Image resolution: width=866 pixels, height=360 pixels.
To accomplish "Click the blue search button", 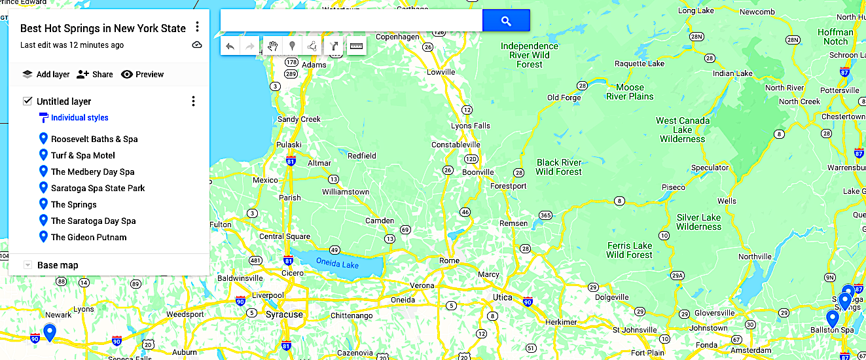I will coord(505,21).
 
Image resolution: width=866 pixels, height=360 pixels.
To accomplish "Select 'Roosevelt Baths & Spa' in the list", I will coord(94,139).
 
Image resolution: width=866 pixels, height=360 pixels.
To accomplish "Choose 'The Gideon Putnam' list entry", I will coord(88,237).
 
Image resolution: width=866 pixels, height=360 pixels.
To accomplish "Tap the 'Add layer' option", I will coord(46,75).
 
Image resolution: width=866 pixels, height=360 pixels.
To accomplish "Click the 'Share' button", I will coord(94,75).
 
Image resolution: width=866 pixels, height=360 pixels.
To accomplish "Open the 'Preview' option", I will coord(142,75).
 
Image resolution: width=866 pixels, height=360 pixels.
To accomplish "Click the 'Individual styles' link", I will coord(79,118).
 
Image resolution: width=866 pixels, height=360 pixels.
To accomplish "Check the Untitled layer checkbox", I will coord(27,101).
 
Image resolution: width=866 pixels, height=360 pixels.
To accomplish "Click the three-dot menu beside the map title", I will coord(197,27).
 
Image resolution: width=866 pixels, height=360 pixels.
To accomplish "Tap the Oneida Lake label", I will coord(337,262).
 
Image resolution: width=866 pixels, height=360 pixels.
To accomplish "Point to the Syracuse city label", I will coord(284,315).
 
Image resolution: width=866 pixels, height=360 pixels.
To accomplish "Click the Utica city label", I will coord(503,298).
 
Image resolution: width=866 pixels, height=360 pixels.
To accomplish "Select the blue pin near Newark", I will coord(49,331).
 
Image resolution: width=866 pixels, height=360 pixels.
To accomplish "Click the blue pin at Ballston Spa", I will coord(832,319).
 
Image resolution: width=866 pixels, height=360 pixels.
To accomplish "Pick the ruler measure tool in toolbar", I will coord(356,46).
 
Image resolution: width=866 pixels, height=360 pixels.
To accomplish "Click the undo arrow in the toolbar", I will coord(230,46).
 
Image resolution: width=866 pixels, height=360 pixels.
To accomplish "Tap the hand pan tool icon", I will coord(273,46).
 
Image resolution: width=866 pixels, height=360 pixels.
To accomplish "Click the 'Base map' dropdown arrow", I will coord(27,265).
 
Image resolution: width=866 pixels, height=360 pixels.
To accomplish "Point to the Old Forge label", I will coord(564,98).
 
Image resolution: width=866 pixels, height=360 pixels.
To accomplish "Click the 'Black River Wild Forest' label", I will coord(558,167).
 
